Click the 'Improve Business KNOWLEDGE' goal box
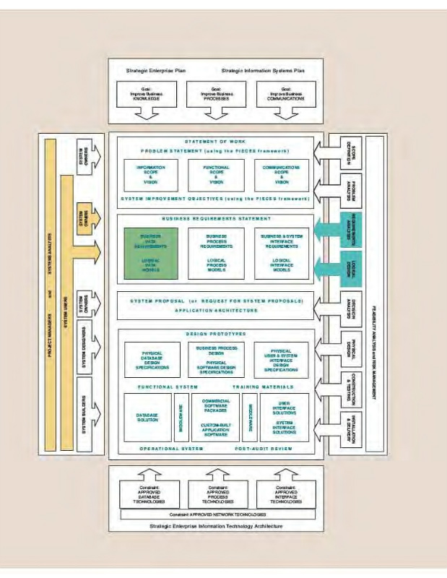[x=142, y=92]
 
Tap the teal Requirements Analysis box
[x=350, y=230]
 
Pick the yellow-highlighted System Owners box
[x=84, y=221]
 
